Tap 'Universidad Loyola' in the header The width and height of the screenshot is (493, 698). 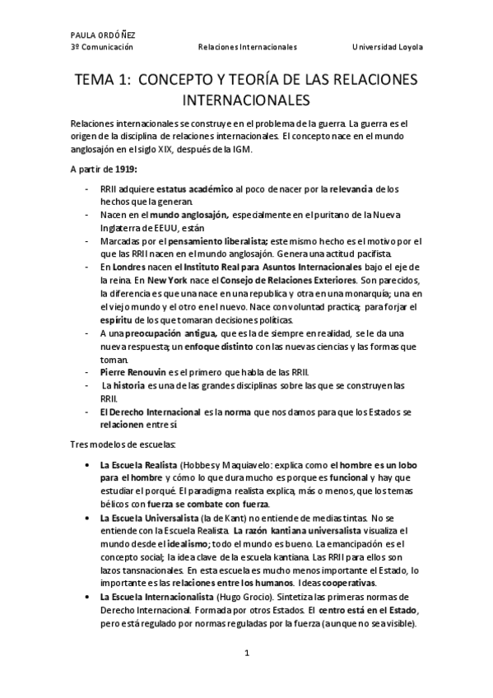coord(387,47)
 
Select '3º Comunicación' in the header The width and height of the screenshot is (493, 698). coord(102,47)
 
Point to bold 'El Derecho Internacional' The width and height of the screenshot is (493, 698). coord(150,412)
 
